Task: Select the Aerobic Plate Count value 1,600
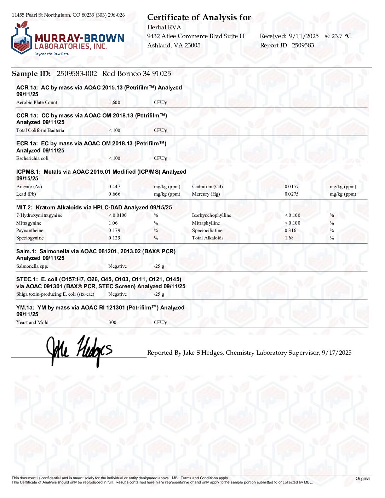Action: coord(114,103)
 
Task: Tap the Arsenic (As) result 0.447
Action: coord(114,187)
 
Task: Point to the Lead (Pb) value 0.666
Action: coord(114,194)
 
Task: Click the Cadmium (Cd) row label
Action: coord(207,187)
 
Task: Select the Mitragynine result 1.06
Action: coord(113,223)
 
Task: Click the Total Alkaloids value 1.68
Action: coord(289,238)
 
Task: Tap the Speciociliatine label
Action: coord(207,231)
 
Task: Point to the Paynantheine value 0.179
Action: coord(114,231)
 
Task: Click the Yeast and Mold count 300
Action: coord(112,323)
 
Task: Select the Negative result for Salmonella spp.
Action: coord(117,266)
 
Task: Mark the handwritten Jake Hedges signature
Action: coord(79,350)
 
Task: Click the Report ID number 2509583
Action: coord(303,45)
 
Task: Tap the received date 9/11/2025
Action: coord(304,36)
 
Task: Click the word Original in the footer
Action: coord(363,479)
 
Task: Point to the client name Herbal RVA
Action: coord(164,27)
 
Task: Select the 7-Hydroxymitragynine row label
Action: coord(39,215)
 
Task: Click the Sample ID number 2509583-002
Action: coord(77,74)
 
